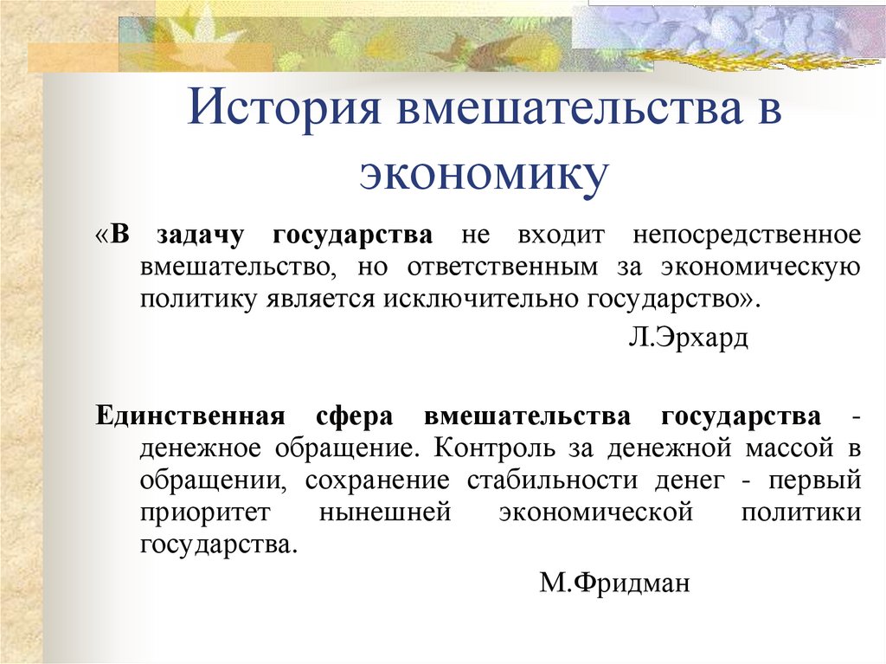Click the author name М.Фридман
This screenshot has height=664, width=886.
(614, 583)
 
